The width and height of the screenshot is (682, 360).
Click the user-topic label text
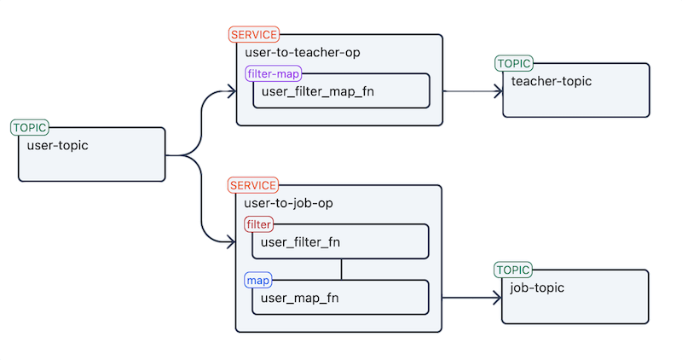(x=58, y=145)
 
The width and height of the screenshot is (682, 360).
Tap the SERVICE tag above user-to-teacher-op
(x=253, y=35)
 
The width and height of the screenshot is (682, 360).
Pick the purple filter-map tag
(x=273, y=74)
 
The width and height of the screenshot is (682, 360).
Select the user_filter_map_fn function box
(x=341, y=91)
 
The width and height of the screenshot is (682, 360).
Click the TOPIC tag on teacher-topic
(x=514, y=63)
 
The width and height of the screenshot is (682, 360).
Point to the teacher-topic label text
(x=551, y=81)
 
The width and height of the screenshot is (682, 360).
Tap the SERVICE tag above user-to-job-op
(x=253, y=185)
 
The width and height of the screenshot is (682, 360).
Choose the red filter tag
(x=258, y=224)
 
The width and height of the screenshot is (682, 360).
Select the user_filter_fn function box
(x=341, y=241)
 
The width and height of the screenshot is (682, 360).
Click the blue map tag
(x=257, y=280)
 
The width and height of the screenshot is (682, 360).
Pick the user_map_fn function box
(x=341, y=298)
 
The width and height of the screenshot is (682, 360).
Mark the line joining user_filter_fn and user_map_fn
(x=341, y=270)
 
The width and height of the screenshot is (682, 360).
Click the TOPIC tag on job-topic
(x=514, y=270)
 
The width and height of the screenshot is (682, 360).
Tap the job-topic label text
(x=539, y=287)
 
